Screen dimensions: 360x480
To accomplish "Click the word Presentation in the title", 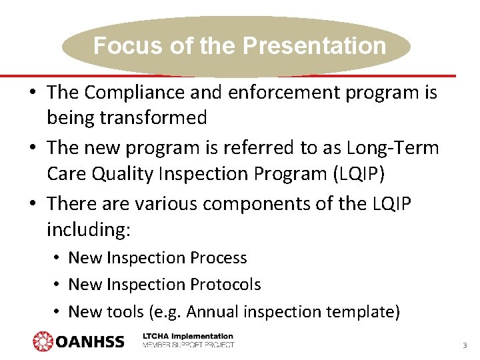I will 314,46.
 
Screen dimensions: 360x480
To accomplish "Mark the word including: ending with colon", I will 89,231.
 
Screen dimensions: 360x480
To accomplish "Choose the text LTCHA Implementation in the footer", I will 188,337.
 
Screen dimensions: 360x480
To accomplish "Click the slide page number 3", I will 464,346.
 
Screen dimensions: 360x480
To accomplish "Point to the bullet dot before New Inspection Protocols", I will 59,285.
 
